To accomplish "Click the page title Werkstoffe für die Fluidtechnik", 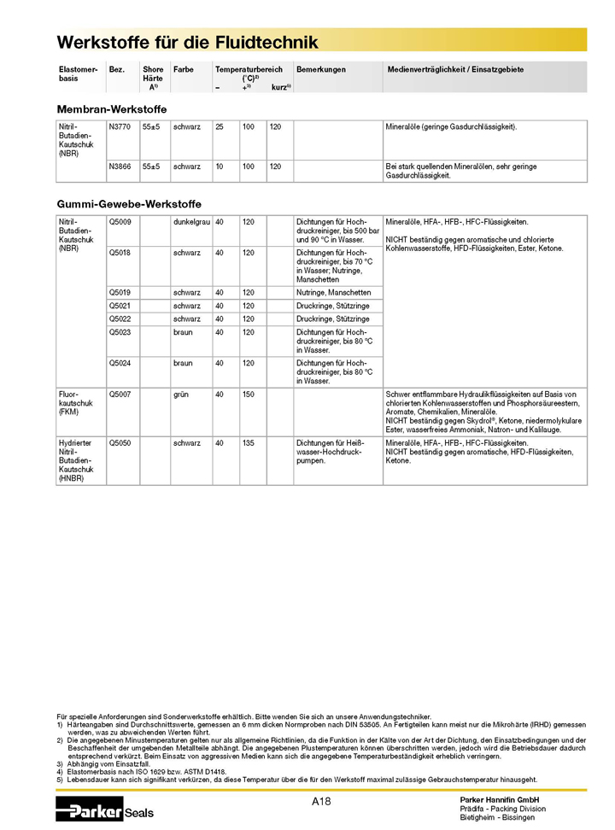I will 187,42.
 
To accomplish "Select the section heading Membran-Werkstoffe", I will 111,109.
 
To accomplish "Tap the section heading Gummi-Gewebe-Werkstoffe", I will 129,205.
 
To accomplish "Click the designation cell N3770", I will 120,126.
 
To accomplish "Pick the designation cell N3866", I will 120,167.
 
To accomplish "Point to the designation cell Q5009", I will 120,221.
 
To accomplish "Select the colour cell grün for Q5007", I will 180,395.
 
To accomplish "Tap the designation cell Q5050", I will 120,443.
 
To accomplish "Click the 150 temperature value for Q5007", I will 249,395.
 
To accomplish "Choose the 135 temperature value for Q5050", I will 249,443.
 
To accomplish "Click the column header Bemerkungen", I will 321,69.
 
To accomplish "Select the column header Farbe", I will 183,69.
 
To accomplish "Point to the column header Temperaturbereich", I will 249,69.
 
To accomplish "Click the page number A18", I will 321,801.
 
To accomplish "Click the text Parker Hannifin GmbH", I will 500,799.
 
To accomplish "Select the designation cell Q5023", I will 120,332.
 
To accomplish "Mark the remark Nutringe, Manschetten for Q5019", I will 333,292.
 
